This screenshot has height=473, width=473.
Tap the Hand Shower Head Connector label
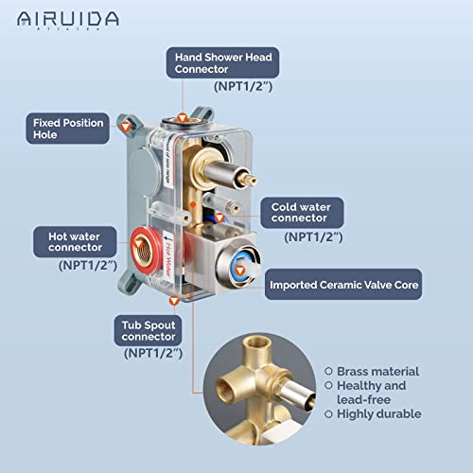222,63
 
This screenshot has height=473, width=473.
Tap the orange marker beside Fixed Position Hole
123,126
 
